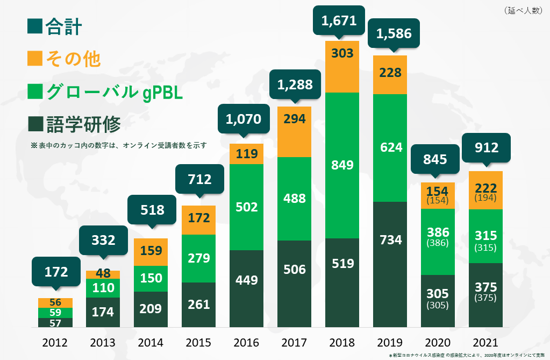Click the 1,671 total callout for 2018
[339, 21]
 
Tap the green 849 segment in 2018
[342, 165]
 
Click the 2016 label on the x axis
[247, 343]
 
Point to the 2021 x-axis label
[486, 343]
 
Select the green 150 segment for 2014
[151, 278]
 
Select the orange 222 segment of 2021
[486, 190]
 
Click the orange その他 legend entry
[64, 59]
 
